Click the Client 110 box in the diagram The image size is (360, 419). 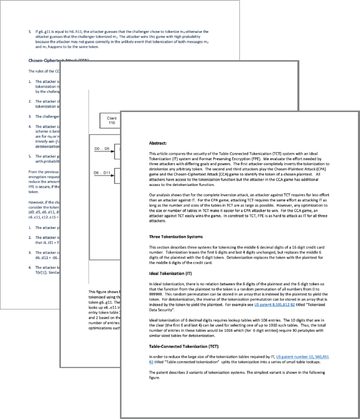click(x=112, y=121)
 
